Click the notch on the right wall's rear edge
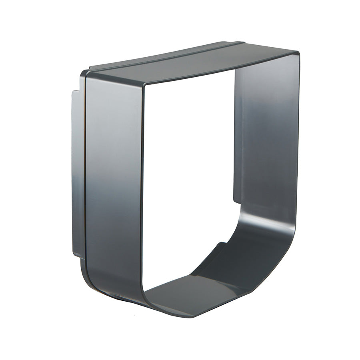[x=236, y=200]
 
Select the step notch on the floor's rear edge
[x=222, y=244]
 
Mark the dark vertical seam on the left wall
[x=85, y=180]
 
